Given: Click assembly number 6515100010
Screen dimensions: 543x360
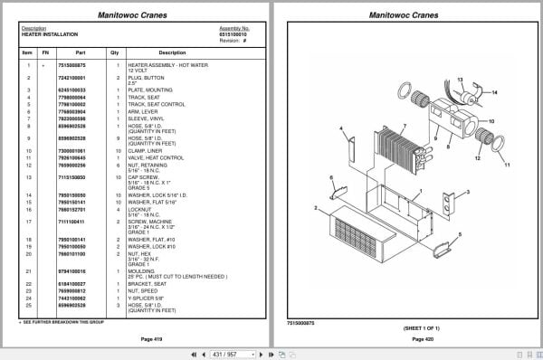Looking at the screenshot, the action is pyautogui.click(x=234, y=34).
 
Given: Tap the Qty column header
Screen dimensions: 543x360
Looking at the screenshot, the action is pyautogui.click(x=115, y=52).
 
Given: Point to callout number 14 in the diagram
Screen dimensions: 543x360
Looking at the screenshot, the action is pyautogui.click(x=496, y=91).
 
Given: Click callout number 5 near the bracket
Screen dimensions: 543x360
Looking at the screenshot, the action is pyautogui.click(x=460, y=234).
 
